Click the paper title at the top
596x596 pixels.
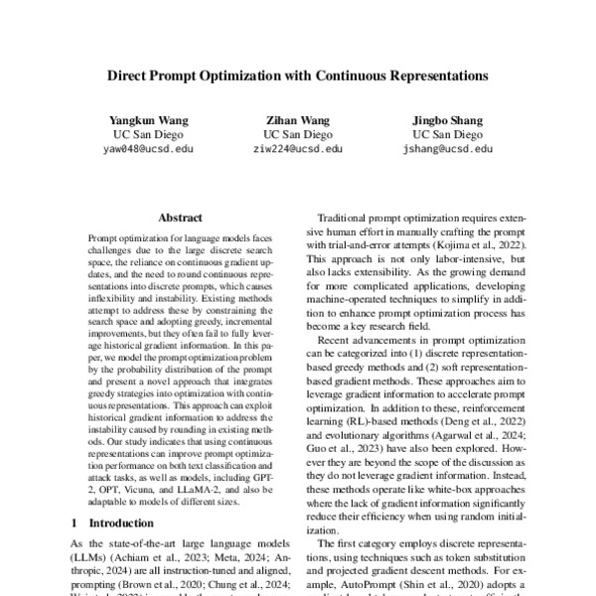pyautogui.click(x=297, y=74)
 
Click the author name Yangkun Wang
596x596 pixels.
pyautogui.click(x=149, y=120)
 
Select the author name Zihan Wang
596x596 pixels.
pyautogui.click(x=298, y=120)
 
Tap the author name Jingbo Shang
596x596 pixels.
pyautogui.click(x=446, y=120)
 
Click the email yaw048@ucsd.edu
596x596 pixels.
pyautogui.click(x=149, y=149)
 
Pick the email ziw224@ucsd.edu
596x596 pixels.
pyautogui.click(x=298, y=149)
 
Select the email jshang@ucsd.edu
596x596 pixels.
pyautogui.click(x=447, y=149)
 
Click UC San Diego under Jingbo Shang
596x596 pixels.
pyautogui.click(x=447, y=134)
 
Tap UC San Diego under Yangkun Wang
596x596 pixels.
pyautogui.click(x=149, y=134)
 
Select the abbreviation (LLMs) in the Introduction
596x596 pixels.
pyautogui.click(x=88, y=558)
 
